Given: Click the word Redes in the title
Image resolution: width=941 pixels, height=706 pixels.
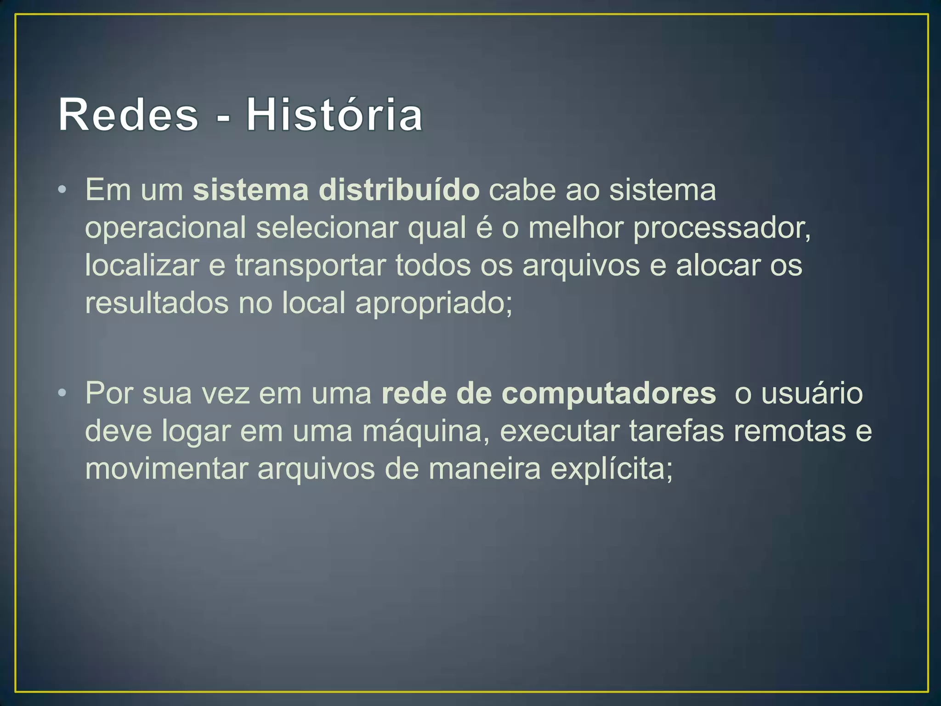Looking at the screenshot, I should click(128, 115).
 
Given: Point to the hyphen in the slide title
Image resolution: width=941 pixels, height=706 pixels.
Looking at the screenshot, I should click(222, 119).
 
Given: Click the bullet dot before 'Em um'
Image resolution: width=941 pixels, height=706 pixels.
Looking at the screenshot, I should click(62, 190).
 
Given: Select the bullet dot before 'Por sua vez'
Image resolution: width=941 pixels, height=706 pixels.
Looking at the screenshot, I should click(62, 393).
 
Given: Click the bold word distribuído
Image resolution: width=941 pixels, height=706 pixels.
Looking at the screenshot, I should click(399, 190).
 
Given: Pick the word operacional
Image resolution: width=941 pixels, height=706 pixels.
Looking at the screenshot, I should click(165, 228).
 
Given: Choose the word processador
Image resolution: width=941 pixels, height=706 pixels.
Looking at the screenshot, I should click(721, 228).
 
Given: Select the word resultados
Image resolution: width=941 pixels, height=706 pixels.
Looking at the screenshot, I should click(157, 303).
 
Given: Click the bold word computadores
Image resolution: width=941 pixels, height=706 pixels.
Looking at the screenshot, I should click(608, 394).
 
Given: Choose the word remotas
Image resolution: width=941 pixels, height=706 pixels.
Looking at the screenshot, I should click(789, 431).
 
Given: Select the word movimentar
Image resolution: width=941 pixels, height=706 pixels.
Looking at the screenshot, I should click(166, 469).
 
